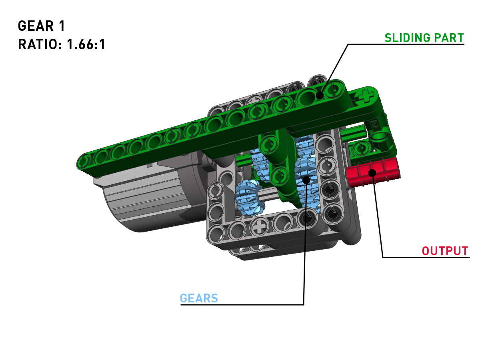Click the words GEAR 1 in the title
click(41, 26)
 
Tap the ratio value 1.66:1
click(86, 44)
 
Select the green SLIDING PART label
click(424, 38)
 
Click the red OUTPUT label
click(445, 251)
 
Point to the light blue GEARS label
click(199, 298)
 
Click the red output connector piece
click(373, 172)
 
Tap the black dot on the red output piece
click(372, 173)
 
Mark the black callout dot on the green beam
click(320, 95)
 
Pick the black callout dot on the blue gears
click(306, 180)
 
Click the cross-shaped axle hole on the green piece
click(364, 97)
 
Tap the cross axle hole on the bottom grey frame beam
click(259, 227)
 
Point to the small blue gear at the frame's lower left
click(249, 197)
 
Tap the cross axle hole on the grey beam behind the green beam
click(254, 101)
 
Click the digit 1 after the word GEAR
click(62, 26)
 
